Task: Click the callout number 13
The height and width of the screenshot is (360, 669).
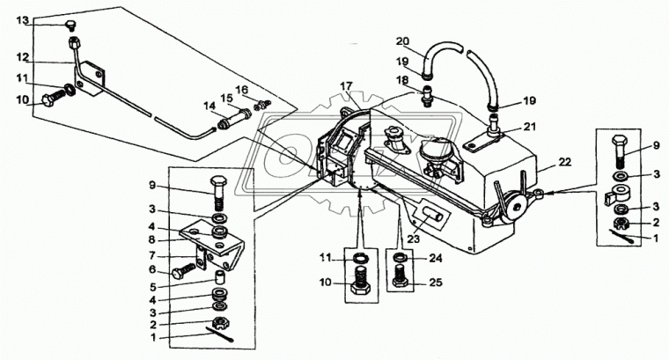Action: pyautogui.click(x=23, y=20)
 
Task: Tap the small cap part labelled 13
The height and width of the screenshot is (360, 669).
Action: pyautogui.click(x=70, y=26)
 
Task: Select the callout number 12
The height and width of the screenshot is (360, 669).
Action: pyautogui.click(x=23, y=57)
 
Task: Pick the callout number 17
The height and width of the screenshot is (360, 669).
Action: pyautogui.click(x=347, y=86)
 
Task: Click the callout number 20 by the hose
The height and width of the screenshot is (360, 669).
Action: pyautogui.click(x=403, y=41)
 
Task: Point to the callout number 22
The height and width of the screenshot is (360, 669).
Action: pyautogui.click(x=565, y=163)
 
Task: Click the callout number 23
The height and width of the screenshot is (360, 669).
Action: pyautogui.click(x=413, y=239)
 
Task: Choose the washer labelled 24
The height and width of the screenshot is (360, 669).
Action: pyautogui.click(x=400, y=258)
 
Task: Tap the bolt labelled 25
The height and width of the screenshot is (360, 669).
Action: pyautogui.click(x=400, y=277)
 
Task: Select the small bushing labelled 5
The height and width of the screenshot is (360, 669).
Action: pyautogui.click(x=219, y=278)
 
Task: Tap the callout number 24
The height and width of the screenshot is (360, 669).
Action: pyautogui.click(x=437, y=258)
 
